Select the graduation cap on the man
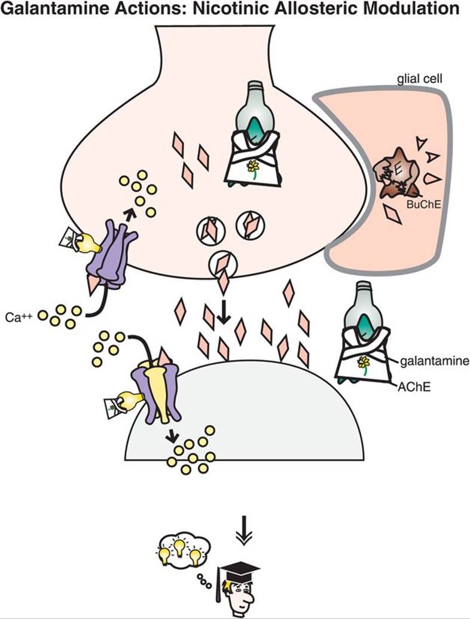(239, 568)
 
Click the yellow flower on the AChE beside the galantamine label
(362, 361)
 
